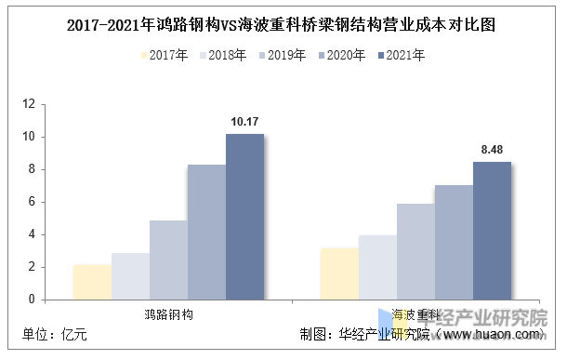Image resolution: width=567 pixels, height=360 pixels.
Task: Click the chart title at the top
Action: [283, 25]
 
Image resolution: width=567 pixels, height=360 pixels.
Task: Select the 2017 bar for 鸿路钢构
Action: [92, 282]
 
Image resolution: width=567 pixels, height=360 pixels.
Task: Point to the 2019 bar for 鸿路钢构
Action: [168, 260]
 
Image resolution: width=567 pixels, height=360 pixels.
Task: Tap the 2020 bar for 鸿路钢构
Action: [206, 232]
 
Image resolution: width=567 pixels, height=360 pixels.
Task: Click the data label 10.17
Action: [245, 121]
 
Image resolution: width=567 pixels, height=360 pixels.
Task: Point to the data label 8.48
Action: [492, 149]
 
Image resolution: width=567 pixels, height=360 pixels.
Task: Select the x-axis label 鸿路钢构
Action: [168, 313]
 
